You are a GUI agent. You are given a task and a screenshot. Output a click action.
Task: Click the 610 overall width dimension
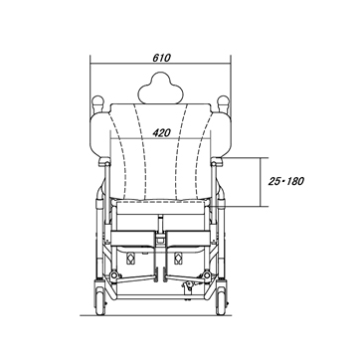tap(161, 58)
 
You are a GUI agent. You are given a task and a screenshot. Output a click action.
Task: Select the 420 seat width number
tap(161, 133)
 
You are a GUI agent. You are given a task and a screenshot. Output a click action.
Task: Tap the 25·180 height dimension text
tap(286, 181)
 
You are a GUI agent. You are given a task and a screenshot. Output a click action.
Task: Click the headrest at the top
tap(161, 88)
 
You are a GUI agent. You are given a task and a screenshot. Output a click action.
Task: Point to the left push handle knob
tap(97, 101)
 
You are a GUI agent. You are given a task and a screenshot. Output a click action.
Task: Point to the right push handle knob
tap(223, 101)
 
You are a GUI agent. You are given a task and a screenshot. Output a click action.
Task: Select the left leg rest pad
tap(133, 238)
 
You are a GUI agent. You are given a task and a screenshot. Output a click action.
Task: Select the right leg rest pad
tap(188, 238)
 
